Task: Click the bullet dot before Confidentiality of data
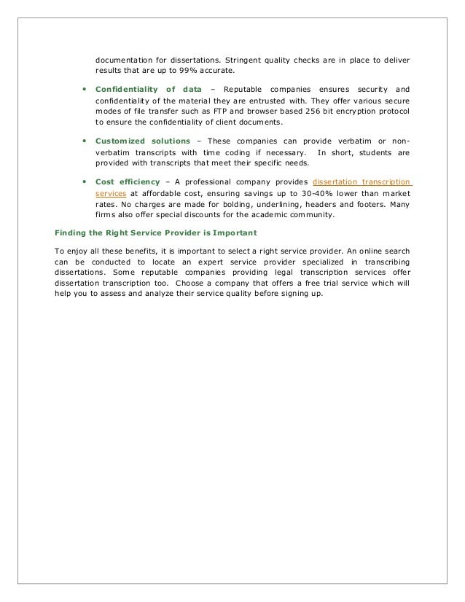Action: tap(85, 98)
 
